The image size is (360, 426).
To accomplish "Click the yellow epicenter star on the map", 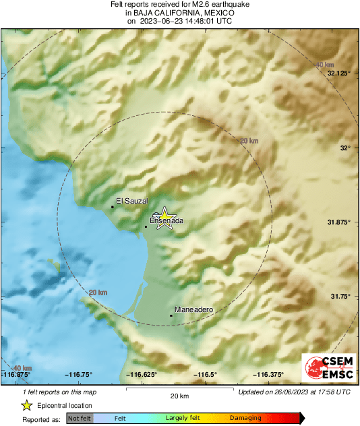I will (163, 218).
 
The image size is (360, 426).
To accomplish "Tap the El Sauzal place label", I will (131, 200).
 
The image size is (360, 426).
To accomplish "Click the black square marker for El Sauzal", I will (112, 207).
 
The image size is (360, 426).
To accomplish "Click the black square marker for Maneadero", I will (171, 315).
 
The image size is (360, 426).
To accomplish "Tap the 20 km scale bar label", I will (179, 396).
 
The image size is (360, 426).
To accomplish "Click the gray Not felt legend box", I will (80, 419).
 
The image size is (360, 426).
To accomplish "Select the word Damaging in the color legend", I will (245, 419).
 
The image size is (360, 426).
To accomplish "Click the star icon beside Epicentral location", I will (26, 405).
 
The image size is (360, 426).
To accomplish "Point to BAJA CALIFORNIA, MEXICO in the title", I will (179, 12).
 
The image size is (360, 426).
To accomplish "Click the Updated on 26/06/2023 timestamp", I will (294, 391).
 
